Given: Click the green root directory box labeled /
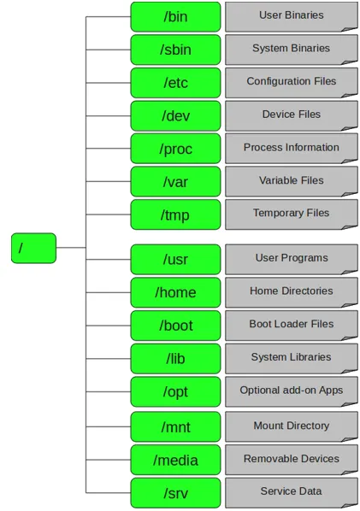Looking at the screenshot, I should (33, 248).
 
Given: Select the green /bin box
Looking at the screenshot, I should (175, 16).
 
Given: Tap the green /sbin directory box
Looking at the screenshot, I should (175, 50).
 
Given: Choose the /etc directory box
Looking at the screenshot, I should (175, 83).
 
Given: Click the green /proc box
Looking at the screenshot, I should (175, 149).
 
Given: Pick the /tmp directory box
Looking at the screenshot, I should (175, 214).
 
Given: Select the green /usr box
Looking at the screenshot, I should (175, 259).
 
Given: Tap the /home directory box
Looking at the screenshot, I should (175, 292).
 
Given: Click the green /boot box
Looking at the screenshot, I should (175, 326).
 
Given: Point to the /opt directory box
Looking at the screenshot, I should (175, 391).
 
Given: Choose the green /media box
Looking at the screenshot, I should (175, 460).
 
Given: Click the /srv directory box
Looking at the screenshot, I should (175, 493).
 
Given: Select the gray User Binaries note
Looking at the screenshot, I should (291, 16).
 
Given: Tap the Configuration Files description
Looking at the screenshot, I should (291, 82).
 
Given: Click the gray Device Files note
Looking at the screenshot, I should (291, 115).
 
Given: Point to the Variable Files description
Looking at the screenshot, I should (291, 181).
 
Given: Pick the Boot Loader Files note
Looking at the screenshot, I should (291, 325).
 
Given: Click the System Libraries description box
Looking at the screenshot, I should (291, 358).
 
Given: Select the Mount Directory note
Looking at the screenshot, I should (291, 426).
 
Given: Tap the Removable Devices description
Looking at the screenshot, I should (291, 459).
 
